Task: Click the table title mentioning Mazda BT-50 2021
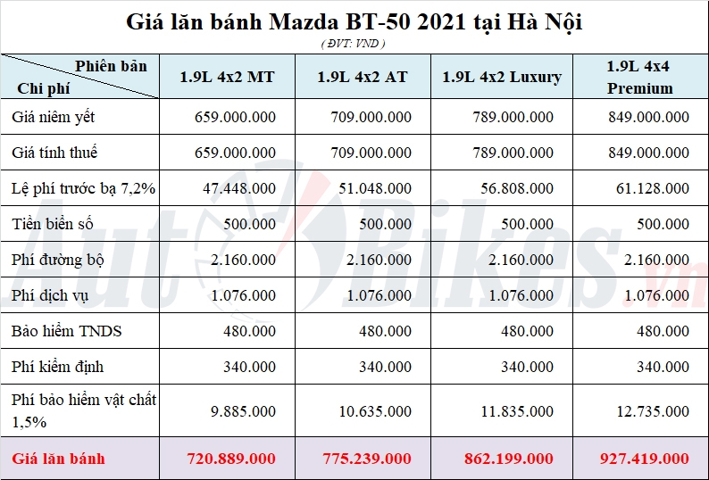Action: click(x=354, y=21)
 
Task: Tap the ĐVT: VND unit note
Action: click(x=354, y=43)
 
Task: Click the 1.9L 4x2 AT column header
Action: click(x=363, y=77)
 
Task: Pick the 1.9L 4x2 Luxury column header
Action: click(x=502, y=77)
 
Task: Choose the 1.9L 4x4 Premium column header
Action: click(x=639, y=77)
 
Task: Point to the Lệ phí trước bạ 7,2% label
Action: click(x=83, y=188)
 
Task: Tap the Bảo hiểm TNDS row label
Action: click(x=67, y=331)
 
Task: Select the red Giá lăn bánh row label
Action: click(x=58, y=459)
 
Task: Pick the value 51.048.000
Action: click(x=375, y=188)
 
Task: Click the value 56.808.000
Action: click(x=516, y=188)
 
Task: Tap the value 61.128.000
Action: click(x=652, y=188)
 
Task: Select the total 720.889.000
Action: click(x=231, y=459)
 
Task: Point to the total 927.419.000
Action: click(x=644, y=459)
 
